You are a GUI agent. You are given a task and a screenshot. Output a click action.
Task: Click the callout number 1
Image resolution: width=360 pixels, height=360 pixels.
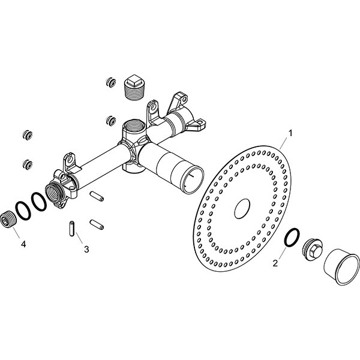click(x=290, y=133)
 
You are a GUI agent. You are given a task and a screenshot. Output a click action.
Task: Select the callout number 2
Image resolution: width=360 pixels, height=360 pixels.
click(x=275, y=263)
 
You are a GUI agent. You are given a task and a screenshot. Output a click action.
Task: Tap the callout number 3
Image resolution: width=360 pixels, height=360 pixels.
click(x=86, y=249)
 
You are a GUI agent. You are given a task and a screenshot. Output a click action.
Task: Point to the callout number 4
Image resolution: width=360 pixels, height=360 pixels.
click(x=23, y=244)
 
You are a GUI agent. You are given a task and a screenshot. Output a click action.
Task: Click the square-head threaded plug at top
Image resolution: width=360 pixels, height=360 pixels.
click(x=134, y=88)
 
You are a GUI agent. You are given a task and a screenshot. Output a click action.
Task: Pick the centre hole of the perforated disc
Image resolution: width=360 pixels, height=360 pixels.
click(x=242, y=209)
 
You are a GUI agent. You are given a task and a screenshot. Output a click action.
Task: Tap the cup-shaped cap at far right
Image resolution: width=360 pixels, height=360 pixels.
click(x=341, y=267)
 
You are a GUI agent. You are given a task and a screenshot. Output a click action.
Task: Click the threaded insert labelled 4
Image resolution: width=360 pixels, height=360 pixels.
click(x=8, y=220)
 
